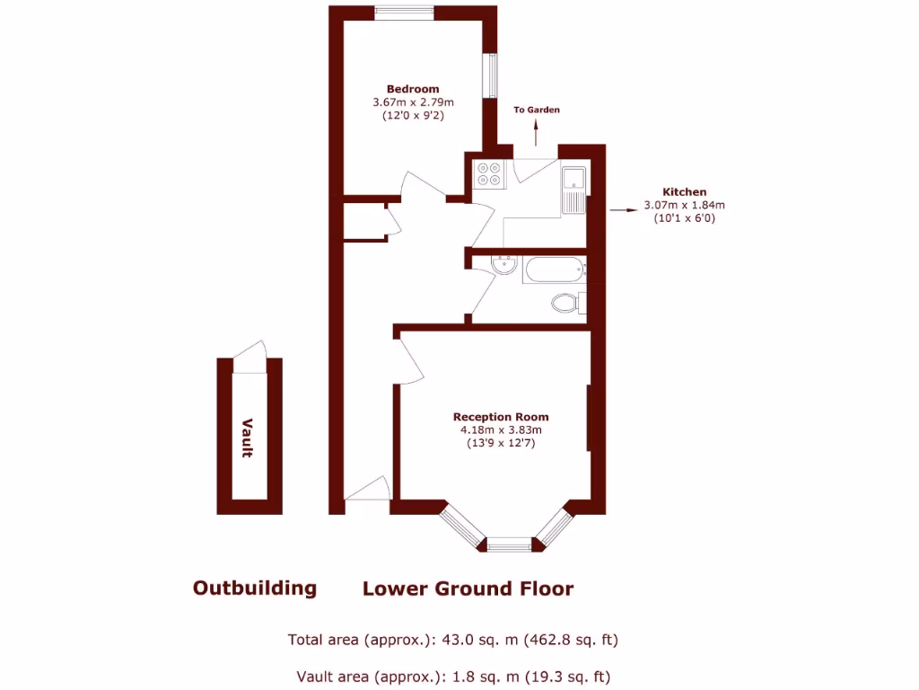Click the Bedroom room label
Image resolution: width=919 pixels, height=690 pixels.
pos(413,89)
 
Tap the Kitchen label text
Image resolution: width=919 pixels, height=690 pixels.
pos(684,191)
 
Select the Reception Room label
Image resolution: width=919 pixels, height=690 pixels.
pos(500,417)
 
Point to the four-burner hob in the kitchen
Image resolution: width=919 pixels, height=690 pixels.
pos(490,172)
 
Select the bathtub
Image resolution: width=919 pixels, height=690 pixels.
pos(553,270)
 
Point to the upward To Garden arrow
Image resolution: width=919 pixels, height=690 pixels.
pos(537,133)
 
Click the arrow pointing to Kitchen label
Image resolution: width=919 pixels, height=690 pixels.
pos(620,210)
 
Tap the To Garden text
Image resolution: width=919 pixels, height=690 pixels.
pos(537,110)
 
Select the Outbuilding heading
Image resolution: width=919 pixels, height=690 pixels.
pos(255,588)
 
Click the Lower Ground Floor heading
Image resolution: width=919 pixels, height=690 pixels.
pos(468,588)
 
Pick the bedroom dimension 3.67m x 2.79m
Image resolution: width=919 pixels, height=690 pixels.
pos(413,102)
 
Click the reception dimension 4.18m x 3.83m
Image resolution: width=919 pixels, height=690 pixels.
pos(500,430)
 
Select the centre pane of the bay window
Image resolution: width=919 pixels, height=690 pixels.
pos(510,544)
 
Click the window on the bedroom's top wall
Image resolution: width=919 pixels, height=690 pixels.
pos(405,12)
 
